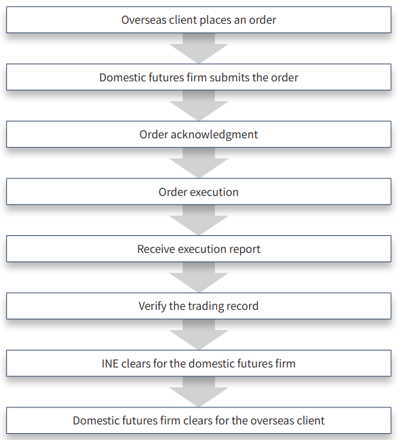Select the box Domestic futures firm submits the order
tap(199, 77)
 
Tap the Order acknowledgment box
tap(199, 134)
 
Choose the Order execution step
tap(199, 192)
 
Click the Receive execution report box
tap(199, 249)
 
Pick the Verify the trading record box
tap(199, 306)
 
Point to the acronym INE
tap(110, 363)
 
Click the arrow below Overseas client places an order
tap(199, 48)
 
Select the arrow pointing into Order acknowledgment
tap(199, 106)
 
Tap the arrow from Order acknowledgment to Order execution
tap(199, 163)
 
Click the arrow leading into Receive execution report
tap(199, 220)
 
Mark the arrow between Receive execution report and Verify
tap(199, 277)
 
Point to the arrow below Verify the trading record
tap(199, 334)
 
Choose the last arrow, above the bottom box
tap(199, 392)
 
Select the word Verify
tap(152, 306)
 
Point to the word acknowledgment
tap(214, 135)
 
